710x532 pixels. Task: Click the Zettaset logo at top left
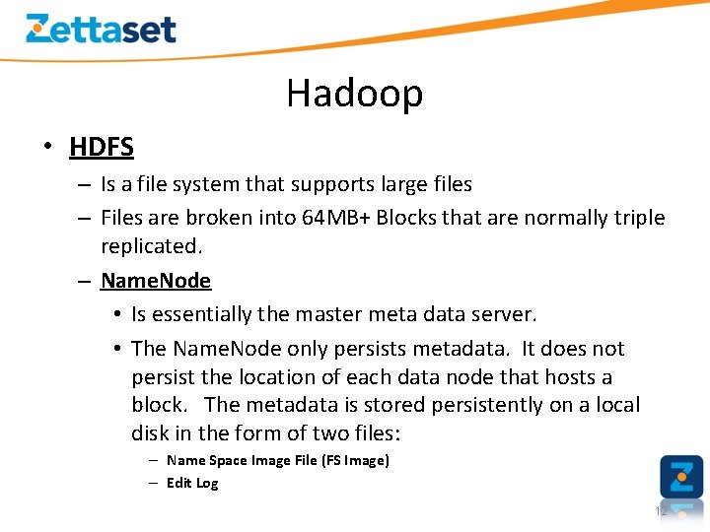pyautogui.click(x=101, y=29)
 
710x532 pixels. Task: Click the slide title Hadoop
pyautogui.click(x=355, y=94)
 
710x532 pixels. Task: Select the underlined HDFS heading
pyautogui.click(x=102, y=148)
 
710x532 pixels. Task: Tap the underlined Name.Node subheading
pyautogui.click(x=156, y=281)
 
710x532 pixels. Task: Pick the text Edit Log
pyautogui.click(x=192, y=483)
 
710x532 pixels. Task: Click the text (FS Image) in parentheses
pyautogui.click(x=355, y=460)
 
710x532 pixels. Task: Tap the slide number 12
pyautogui.click(x=661, y=511)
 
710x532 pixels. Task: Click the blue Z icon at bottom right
pyautogui.click(x=681, y=477)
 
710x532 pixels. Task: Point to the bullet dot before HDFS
pyautogui.click(x=46, y=148)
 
